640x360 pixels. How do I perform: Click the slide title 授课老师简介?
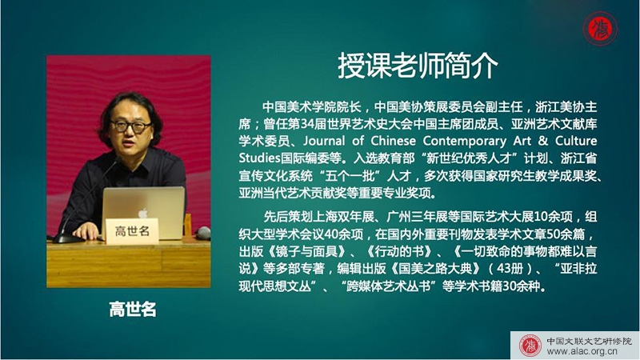418,66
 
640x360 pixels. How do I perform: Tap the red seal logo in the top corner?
599,29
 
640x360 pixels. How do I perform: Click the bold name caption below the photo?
133,310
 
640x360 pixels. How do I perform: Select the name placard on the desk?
132,231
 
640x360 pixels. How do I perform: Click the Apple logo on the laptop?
142,213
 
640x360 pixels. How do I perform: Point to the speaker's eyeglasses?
130,126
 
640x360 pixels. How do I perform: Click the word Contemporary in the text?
465,142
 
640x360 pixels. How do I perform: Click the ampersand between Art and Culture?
543,141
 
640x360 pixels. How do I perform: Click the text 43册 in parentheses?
510,268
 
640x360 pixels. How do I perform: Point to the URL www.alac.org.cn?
582,351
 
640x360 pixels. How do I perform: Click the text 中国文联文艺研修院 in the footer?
589,341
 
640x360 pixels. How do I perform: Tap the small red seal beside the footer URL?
530,346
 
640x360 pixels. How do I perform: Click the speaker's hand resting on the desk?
86,230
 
